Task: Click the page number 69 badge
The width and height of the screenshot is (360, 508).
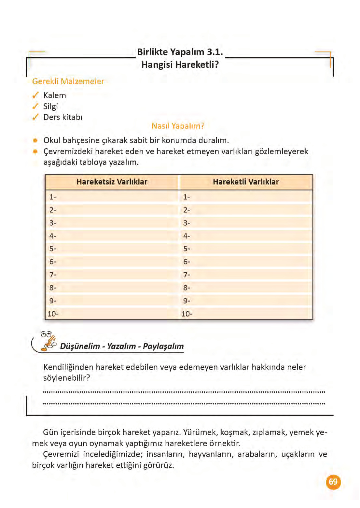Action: pos(333,482)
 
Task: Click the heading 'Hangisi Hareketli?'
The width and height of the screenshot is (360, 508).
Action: pos(180,64)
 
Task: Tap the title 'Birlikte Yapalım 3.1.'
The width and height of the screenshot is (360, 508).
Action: pos(180,52)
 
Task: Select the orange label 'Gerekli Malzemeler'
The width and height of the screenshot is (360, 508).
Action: pos(68,81)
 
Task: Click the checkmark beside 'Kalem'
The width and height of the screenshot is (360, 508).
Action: pos(35,95)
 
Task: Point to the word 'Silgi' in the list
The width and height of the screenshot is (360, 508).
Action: pos(50,106)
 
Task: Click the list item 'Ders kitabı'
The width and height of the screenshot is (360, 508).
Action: pos(63,117)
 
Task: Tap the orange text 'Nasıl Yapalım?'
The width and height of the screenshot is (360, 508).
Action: pos(178,126)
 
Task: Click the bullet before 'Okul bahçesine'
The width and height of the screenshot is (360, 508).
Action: pos(35,140)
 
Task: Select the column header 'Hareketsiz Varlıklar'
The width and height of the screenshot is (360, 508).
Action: pos(112,182)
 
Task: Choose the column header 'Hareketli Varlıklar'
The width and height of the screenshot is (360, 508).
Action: pos(246,182)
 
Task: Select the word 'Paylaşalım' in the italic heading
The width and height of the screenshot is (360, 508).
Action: pos(163,346)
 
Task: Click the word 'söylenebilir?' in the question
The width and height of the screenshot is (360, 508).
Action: pos(66,378)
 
